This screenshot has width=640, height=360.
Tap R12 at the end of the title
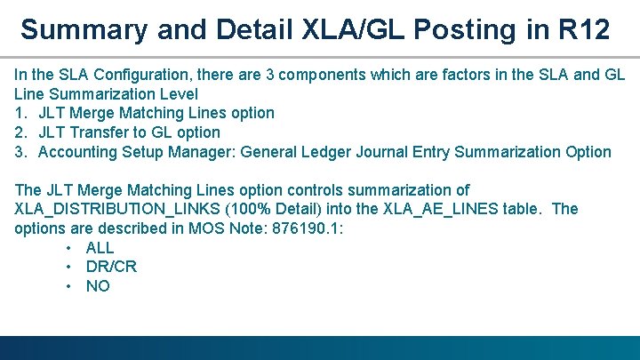pos(585,29)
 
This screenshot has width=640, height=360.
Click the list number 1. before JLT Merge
pos(21,113)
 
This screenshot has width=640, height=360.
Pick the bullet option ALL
pos(100,248)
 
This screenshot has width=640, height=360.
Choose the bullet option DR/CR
pos(111,267)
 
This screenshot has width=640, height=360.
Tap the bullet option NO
pos(98,286)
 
